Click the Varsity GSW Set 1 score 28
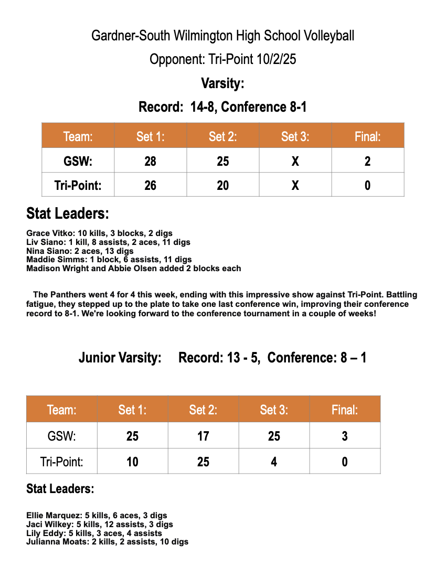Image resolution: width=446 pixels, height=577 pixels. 150,161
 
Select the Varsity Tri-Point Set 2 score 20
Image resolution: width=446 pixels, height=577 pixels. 222,185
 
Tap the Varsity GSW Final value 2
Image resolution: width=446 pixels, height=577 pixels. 367,161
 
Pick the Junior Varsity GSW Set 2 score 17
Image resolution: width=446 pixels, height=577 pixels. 203,436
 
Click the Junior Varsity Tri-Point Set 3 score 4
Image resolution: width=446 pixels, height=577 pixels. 274,462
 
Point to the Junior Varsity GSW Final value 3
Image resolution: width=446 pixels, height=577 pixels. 344,436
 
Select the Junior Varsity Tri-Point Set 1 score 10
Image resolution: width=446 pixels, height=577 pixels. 132,462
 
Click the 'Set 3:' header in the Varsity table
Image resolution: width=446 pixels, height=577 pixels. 295,137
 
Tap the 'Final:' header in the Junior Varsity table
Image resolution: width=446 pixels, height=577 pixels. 344,410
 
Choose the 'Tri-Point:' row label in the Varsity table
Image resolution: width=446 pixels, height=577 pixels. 78,185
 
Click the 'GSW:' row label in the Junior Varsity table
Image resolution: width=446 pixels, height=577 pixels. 61,436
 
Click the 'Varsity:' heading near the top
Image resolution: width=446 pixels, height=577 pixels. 222,83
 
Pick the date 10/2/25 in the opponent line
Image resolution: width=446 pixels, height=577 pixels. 277,59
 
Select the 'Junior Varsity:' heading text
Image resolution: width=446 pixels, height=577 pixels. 120,358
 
